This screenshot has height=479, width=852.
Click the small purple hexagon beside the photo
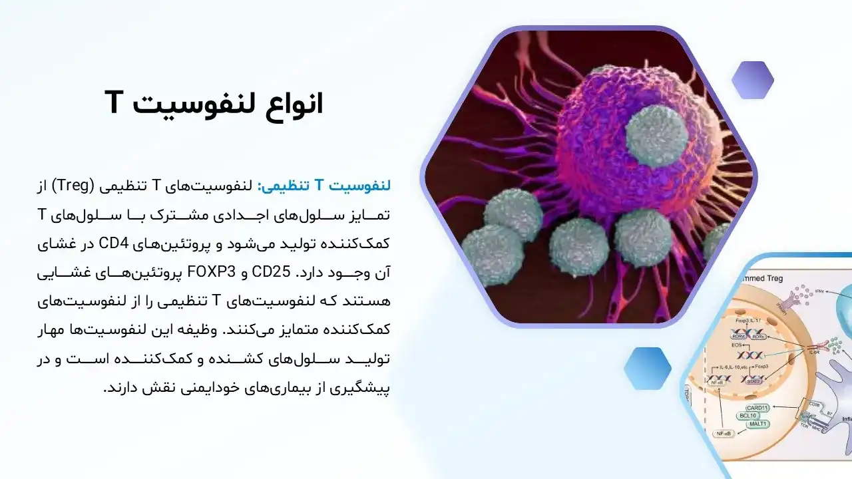point(753,80)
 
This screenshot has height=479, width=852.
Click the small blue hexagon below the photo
point(647,368)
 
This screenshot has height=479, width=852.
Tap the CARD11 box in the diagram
point(757,408)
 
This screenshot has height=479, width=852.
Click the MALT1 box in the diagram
point(756,424)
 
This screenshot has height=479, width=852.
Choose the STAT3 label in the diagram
point(753,380)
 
